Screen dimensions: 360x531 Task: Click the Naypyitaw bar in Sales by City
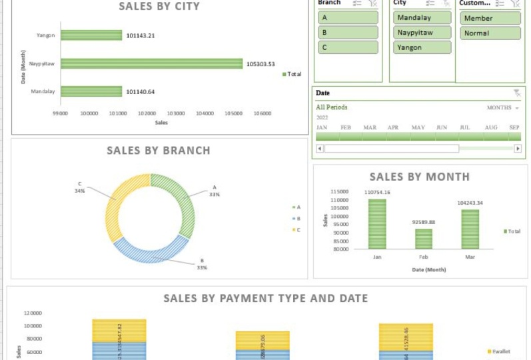[x=151, y=63]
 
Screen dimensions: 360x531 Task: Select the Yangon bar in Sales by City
[x=91, y=35]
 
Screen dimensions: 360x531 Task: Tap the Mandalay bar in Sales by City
[x=91, y=91]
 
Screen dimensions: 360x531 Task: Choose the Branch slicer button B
[x=348, y=33]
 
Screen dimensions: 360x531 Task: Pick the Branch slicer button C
[x=348, y=47]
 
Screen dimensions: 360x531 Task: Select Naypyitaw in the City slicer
[x=422, y=33]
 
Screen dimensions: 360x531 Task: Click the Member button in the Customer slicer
[x=490, y=18]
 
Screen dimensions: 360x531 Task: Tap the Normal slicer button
[x=490, y=33]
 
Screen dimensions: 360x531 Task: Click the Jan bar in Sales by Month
[x=377, y=223]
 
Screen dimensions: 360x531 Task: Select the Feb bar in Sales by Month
[x=424, y=239]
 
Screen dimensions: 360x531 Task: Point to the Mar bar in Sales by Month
[x=470, y=229]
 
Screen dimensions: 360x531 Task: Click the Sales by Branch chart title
[x=159, y=151]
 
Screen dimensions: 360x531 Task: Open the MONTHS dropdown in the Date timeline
[x=503, y=107]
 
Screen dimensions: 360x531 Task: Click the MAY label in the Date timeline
[x=418, y=127]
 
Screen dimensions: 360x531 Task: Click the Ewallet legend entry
[x=500, y=351]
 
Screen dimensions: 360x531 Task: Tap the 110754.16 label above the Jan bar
[x=377, y=193]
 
